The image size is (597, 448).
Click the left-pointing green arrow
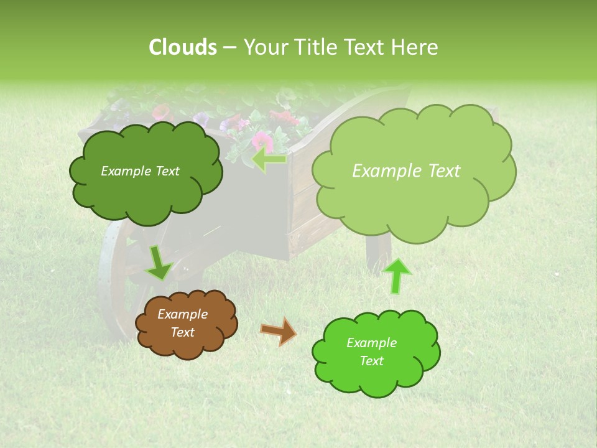(269, 159)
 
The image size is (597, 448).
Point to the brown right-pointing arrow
(278, 332)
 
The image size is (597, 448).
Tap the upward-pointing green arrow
(397, 275)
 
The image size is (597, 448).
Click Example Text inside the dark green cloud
(140, 171)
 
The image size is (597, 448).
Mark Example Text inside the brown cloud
(182, 323)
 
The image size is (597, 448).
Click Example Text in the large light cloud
(406, 171)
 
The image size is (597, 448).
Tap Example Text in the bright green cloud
(371, 352)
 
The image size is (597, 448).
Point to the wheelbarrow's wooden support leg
(377, 255)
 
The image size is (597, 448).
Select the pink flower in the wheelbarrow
(262, 141)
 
